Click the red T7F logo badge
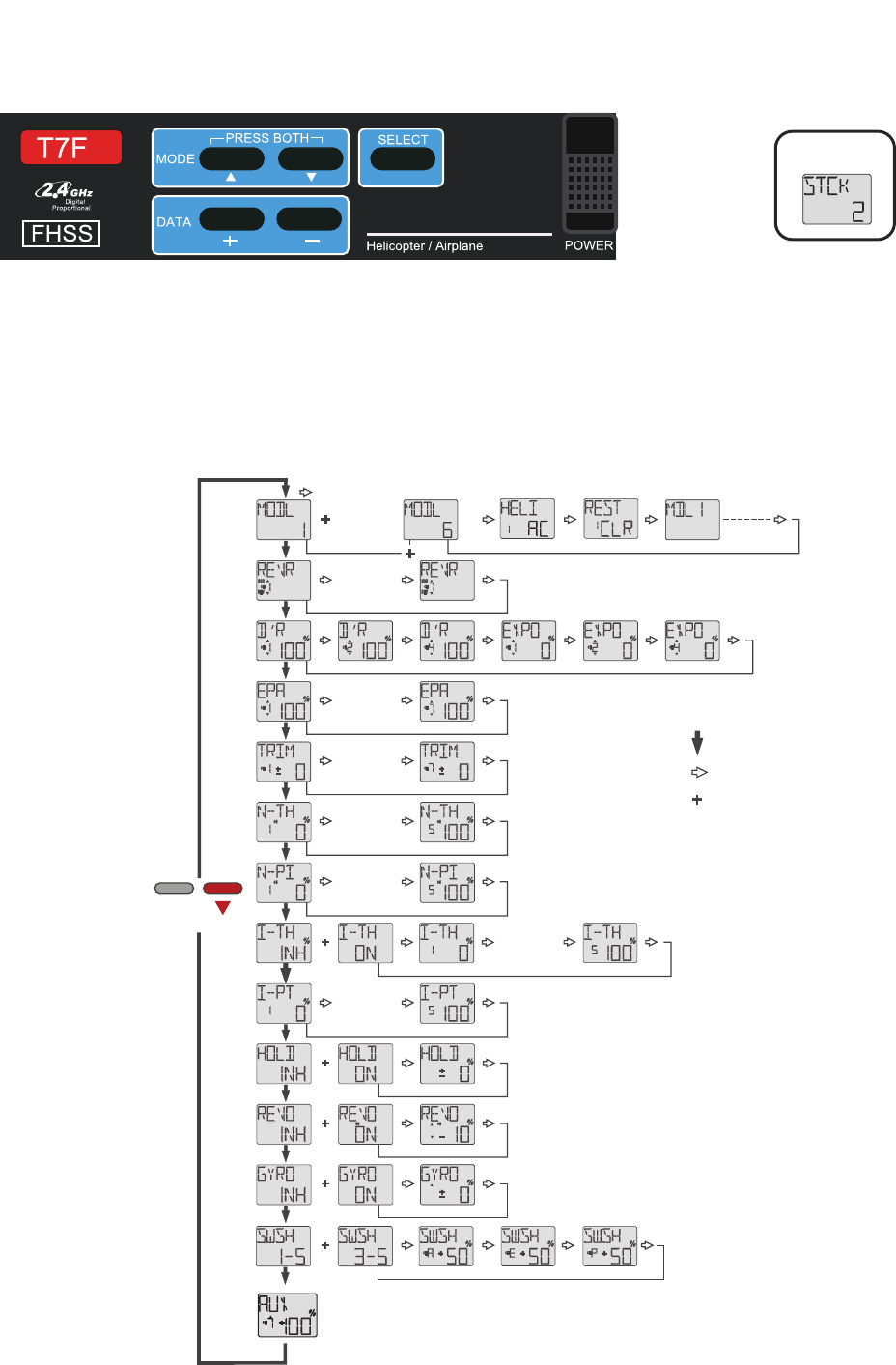tap(71, 148)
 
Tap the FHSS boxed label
tap(61, 234)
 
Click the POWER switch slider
tap(590, 173)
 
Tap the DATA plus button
tap(232, 219)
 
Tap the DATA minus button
tap(309, 219)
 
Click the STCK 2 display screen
tap(836, 199)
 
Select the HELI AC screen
tap(527, 519)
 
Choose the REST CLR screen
tap(610, 519)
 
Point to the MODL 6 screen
tap(430, 519)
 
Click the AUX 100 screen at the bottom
tap(287, 1315)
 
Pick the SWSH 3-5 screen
tap(365, 1246)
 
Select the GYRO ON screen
tap(365, 1185)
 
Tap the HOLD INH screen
tap(283, 1065)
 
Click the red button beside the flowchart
tap(222, 888)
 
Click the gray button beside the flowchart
tap(174, 888)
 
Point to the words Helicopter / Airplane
tap(424, 246)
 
